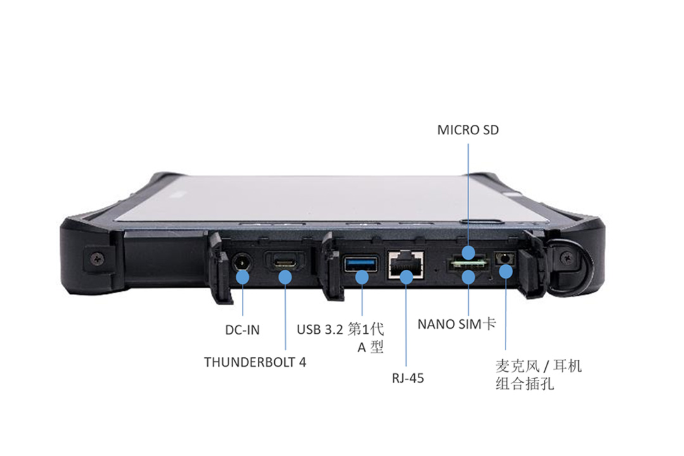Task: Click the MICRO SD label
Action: [467, 130]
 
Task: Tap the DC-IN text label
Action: [242, 330]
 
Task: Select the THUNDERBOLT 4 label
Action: [255, 362]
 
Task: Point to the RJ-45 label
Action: [407, 378]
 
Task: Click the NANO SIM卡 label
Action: [457, 324]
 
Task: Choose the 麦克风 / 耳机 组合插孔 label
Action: [538, 375]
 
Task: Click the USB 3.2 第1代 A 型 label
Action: [340, 338]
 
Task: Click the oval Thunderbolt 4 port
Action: [285, 263]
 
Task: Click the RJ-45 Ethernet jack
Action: [406, 264]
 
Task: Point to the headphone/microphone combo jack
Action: [504, 258]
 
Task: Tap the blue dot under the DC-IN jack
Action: [242, 277]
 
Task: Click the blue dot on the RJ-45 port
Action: [406, 277]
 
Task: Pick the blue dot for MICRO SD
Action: [468, 253]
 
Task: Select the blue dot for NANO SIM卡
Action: [468, 277]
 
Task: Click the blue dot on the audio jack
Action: [505, 272]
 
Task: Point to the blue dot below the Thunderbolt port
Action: [285, 277]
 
